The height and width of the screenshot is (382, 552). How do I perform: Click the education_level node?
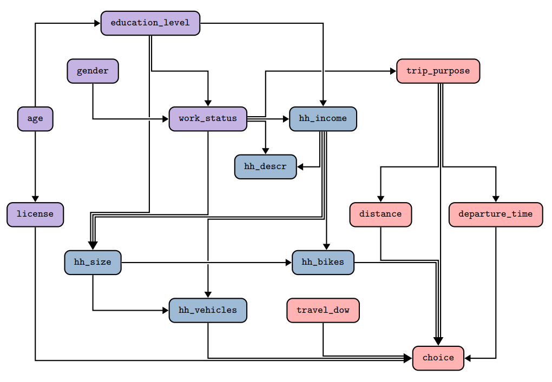(150, 23)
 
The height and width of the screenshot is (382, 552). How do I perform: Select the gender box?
(93, 71)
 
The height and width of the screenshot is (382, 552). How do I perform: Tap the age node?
(35, 119)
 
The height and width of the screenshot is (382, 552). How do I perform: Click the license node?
(35, 215)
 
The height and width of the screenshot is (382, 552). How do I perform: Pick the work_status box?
(208, 119)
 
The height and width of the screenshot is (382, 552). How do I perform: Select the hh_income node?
(323, 119)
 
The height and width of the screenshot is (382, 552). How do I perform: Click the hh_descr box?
(265, 167)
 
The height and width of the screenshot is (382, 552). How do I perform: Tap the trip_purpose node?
(438, 71)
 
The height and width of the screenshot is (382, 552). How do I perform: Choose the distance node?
(380, 215)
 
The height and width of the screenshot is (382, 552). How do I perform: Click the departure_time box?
(496, 215)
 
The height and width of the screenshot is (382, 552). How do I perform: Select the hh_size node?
(93, 263)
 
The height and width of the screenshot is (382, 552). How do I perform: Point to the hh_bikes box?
(323, 263)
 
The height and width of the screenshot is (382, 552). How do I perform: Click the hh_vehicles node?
(208, 310)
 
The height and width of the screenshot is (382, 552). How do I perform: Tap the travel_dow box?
(323, 310)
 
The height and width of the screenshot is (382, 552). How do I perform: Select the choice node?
(438, 358)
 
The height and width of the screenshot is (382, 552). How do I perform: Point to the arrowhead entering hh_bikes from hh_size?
(289, 263)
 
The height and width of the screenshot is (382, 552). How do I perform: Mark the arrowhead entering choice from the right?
(468, 358)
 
